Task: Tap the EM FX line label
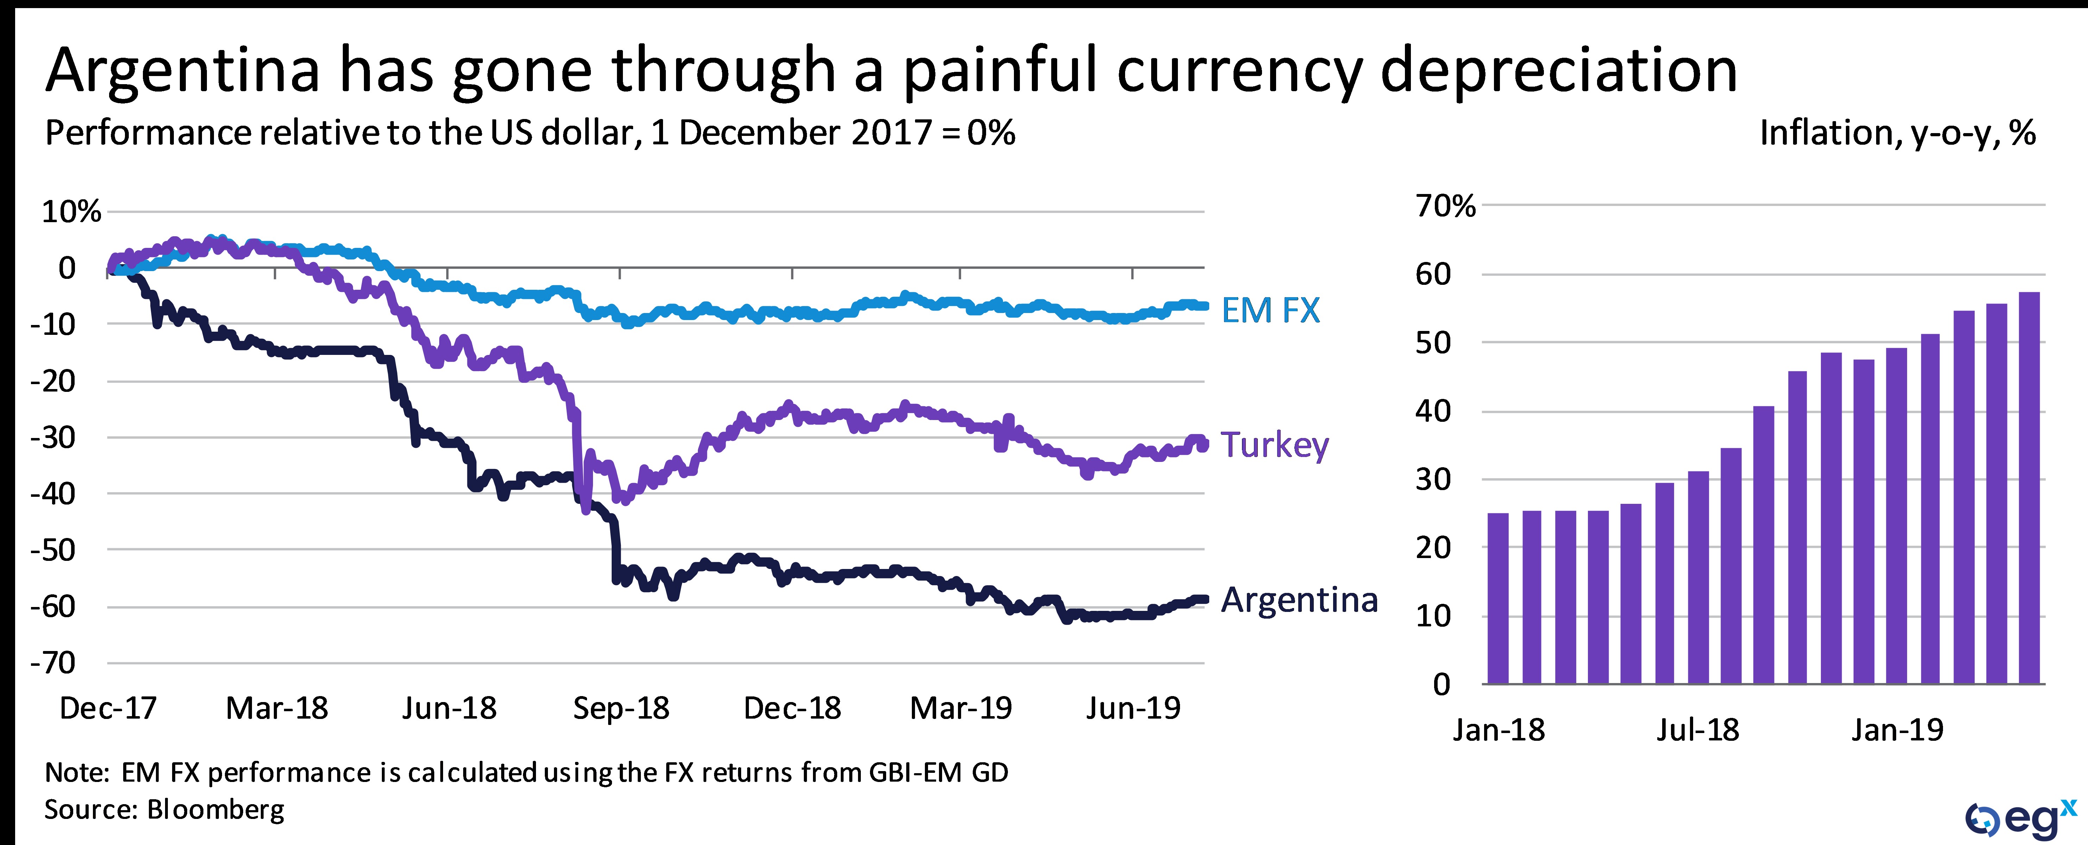tap(1270, 311)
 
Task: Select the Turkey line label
tap(1274, 445)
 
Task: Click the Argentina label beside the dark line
tap(1299, 600)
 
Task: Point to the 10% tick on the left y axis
tap(71, 212)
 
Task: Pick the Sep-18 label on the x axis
tap(621, 709)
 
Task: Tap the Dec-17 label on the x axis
tap(108, 709)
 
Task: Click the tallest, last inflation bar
tap(2029, 487)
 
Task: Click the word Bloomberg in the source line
tap(216, 809)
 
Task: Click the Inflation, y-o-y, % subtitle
tap(1897, 133)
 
